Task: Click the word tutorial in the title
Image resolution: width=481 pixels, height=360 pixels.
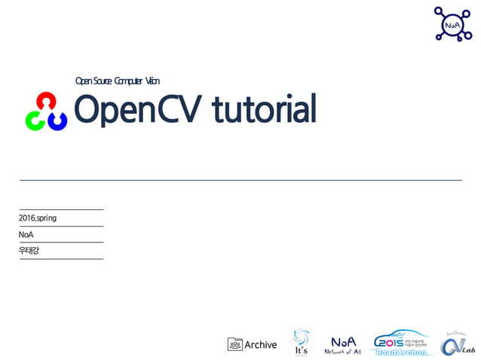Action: (x=263, y=110)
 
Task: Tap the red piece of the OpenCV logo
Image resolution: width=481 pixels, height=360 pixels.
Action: (x=47, y=101)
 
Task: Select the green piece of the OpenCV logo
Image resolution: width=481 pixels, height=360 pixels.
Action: (x=35, y=120)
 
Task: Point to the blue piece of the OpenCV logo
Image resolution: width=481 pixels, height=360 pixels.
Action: (x=58, y=120)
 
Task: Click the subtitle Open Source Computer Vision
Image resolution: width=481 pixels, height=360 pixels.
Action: (x=117, y=81)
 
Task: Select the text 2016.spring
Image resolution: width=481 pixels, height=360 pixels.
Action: (x=38, y=218)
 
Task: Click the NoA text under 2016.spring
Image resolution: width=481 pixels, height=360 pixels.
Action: (x=26, y=235)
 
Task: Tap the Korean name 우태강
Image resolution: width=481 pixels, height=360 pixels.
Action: (x=29, y=251)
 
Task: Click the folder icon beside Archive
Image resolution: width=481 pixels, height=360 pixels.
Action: (x=234, y=344)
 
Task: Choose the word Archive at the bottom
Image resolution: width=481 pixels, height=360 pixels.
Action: (x=261, y=345)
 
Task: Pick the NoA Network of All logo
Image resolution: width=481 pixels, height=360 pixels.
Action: (x=343, y=344)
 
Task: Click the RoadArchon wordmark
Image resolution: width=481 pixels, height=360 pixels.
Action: (x=401, y=352)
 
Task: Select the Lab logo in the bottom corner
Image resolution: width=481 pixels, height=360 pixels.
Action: (x=458, y=343)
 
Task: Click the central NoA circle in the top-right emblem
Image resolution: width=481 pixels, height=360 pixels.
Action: (x=452, y=25)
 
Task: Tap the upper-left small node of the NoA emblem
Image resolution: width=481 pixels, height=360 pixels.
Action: (x=438, y=11)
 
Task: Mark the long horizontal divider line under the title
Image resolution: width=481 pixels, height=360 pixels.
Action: (x=240, y=180)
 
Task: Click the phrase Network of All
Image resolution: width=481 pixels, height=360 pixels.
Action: (x=343, y=352)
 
